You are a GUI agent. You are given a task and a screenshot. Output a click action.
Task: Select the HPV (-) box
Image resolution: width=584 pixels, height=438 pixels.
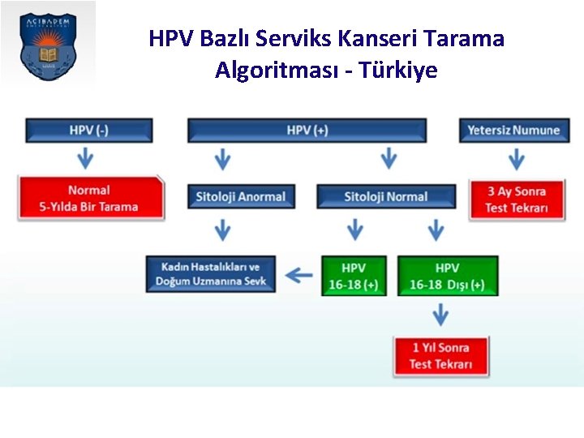coord(89,131)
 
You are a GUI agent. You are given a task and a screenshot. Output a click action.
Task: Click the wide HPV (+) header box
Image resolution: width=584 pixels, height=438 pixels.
coord(307,131)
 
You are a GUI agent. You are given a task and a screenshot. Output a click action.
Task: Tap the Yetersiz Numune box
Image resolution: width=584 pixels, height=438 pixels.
coord(513,131)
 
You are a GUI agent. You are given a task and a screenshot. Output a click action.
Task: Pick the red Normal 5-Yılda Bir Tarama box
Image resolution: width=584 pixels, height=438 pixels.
coord(89,199)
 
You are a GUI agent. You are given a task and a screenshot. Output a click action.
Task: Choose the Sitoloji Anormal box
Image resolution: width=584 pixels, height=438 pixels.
coord(241,196)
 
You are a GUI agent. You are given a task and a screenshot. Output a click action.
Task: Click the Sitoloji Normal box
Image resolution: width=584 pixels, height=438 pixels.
coord(386,196)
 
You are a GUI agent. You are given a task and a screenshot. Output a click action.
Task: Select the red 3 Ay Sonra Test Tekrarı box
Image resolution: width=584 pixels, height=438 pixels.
coord(517,200)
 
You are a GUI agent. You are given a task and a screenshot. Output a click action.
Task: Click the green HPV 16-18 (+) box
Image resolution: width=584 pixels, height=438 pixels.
coord(354,276)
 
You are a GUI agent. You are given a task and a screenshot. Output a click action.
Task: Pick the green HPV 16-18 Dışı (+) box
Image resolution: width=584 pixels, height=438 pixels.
coord(447,276)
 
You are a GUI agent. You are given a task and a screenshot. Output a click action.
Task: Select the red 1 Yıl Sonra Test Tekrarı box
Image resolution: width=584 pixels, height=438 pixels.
coord(441,356)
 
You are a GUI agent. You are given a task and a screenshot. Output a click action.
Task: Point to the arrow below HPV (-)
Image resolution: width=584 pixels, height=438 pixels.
coord(81,157)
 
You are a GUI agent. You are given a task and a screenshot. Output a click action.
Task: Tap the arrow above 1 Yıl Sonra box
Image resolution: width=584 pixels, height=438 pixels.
coord(440,315)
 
